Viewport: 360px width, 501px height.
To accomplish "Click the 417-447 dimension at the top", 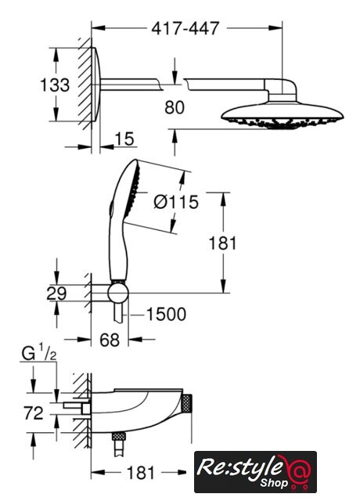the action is coord(185,28).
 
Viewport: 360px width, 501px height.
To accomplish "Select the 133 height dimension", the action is coord(55,85).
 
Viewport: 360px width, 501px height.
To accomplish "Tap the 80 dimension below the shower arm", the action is coord(175,107).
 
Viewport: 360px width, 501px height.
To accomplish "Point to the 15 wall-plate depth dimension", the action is coord(124,139).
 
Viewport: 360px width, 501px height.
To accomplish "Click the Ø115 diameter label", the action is coord(176,202).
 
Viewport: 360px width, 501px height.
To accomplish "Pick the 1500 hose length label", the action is coord(166,314).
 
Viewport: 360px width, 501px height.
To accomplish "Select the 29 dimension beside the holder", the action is coord(56,294).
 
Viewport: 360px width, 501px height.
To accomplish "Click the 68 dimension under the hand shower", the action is coord(110,340).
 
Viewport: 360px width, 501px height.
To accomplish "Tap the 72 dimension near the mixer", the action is coord(33,413).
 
